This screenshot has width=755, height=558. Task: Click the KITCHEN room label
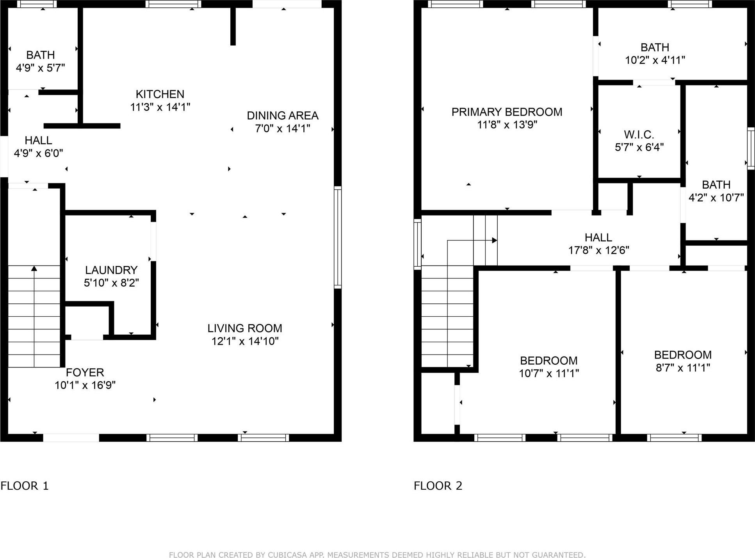pyautogui.click(x=160, y=94)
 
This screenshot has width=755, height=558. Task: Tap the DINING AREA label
pyautogui.click(x=282, y=116)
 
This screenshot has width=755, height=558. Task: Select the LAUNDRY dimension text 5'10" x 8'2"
pyautogui.click(x=111, y=283)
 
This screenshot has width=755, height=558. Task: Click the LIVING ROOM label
pyautogui.click(x=244, y=328)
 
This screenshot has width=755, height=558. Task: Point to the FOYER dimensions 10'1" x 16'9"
pyautogui.click(x=85, y=385)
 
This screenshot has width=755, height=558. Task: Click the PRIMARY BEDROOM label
pyautogui.click(x=507, y=112)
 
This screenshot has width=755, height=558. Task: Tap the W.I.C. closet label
pyautogui.click(x=639, y=135)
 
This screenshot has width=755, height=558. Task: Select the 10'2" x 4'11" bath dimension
pyautogui.click(x=655, y=60)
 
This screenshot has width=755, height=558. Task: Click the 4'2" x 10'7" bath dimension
pyautogui.click(x=716, y=198)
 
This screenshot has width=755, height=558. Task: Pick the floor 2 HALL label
pyautogui.click(x=598, y=237)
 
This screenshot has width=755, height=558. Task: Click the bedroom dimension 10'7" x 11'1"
pyautogui.click(x=548, y=374)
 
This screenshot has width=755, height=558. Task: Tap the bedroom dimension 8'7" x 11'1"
pyautogui.click(x=682, y=368)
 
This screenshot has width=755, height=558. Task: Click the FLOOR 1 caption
pyautogui.click(x=25, y=486)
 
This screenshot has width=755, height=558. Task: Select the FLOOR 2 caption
pyautogui.click(x=438, y=486)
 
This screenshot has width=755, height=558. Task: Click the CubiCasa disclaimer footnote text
pyautogui.click(x=377, y=555)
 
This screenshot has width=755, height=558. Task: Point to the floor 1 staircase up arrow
pyautogui.click(x=34, y=269)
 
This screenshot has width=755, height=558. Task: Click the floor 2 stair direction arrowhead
pyautogui.click(x=494, y=240)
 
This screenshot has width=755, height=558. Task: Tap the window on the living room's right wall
pyautogui.click(x=338, y=237)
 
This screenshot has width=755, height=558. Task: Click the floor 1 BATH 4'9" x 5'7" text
pyautogui.click(x=40, y=61)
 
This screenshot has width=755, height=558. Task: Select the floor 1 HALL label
pyautogui.click(x=38, y=140)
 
